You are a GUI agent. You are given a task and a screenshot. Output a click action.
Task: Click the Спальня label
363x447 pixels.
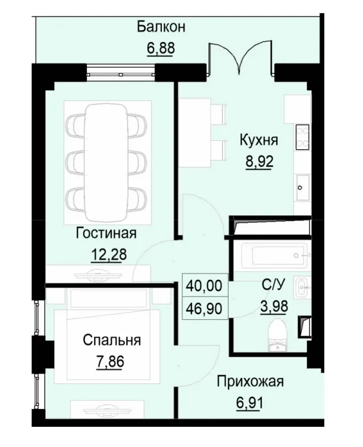112,341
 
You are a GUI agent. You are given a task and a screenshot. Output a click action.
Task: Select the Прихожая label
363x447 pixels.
250,381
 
